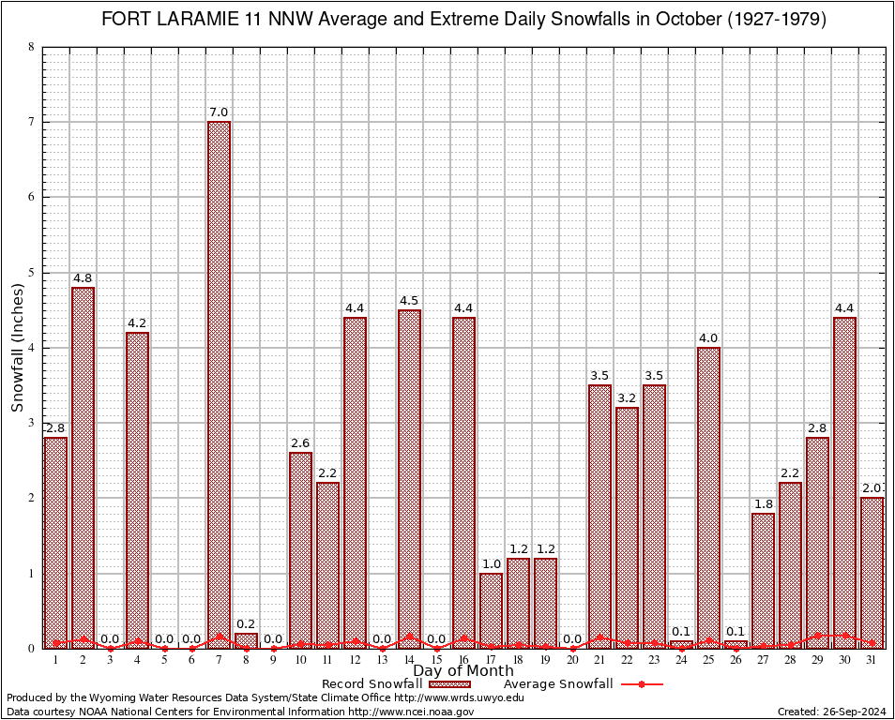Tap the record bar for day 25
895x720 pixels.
(708, 497)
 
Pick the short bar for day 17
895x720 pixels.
(491, 610)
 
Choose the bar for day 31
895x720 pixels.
(872, 572)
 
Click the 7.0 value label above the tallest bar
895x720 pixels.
(219, 112)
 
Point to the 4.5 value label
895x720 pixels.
(409, 301)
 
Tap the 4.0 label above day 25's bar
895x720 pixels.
(708, 338)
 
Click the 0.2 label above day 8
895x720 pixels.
(246, 624)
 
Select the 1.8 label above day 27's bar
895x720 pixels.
(763, 504)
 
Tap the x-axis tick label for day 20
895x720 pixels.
(572, 660)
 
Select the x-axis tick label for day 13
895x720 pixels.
(382, 660)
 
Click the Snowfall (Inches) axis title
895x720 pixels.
(18, 348)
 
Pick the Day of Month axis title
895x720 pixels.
(463, 671)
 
